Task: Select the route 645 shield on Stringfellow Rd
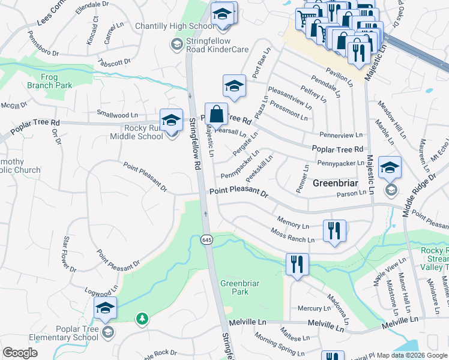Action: pos(206,239)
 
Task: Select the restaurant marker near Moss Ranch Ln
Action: pos(334,230)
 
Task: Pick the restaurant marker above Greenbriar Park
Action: pos(297,263)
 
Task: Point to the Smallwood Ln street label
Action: pos(118,114)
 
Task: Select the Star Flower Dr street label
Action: pos(70,254)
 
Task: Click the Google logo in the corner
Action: pos(20,353)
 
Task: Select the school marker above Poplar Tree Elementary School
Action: pos(106,308)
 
